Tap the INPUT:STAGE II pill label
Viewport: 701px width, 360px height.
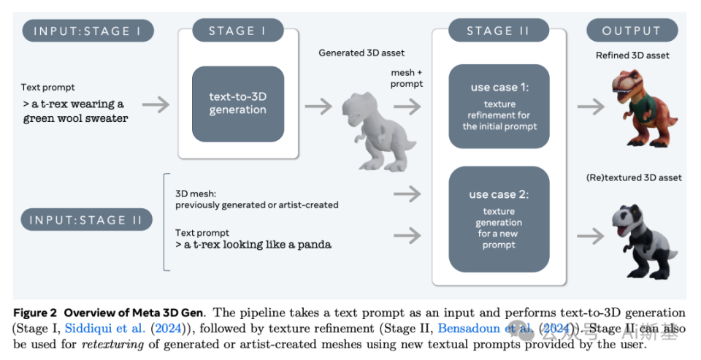click(87, 219)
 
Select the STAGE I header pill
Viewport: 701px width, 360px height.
click(237, 31)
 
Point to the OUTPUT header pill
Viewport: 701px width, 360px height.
click(632, 31)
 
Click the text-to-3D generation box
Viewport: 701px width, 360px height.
click(237, 104)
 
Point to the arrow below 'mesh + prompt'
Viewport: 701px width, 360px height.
click(407, 106)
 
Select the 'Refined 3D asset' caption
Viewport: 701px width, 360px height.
click(632, 55)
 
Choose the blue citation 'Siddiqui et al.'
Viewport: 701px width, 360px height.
click(102, 328)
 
